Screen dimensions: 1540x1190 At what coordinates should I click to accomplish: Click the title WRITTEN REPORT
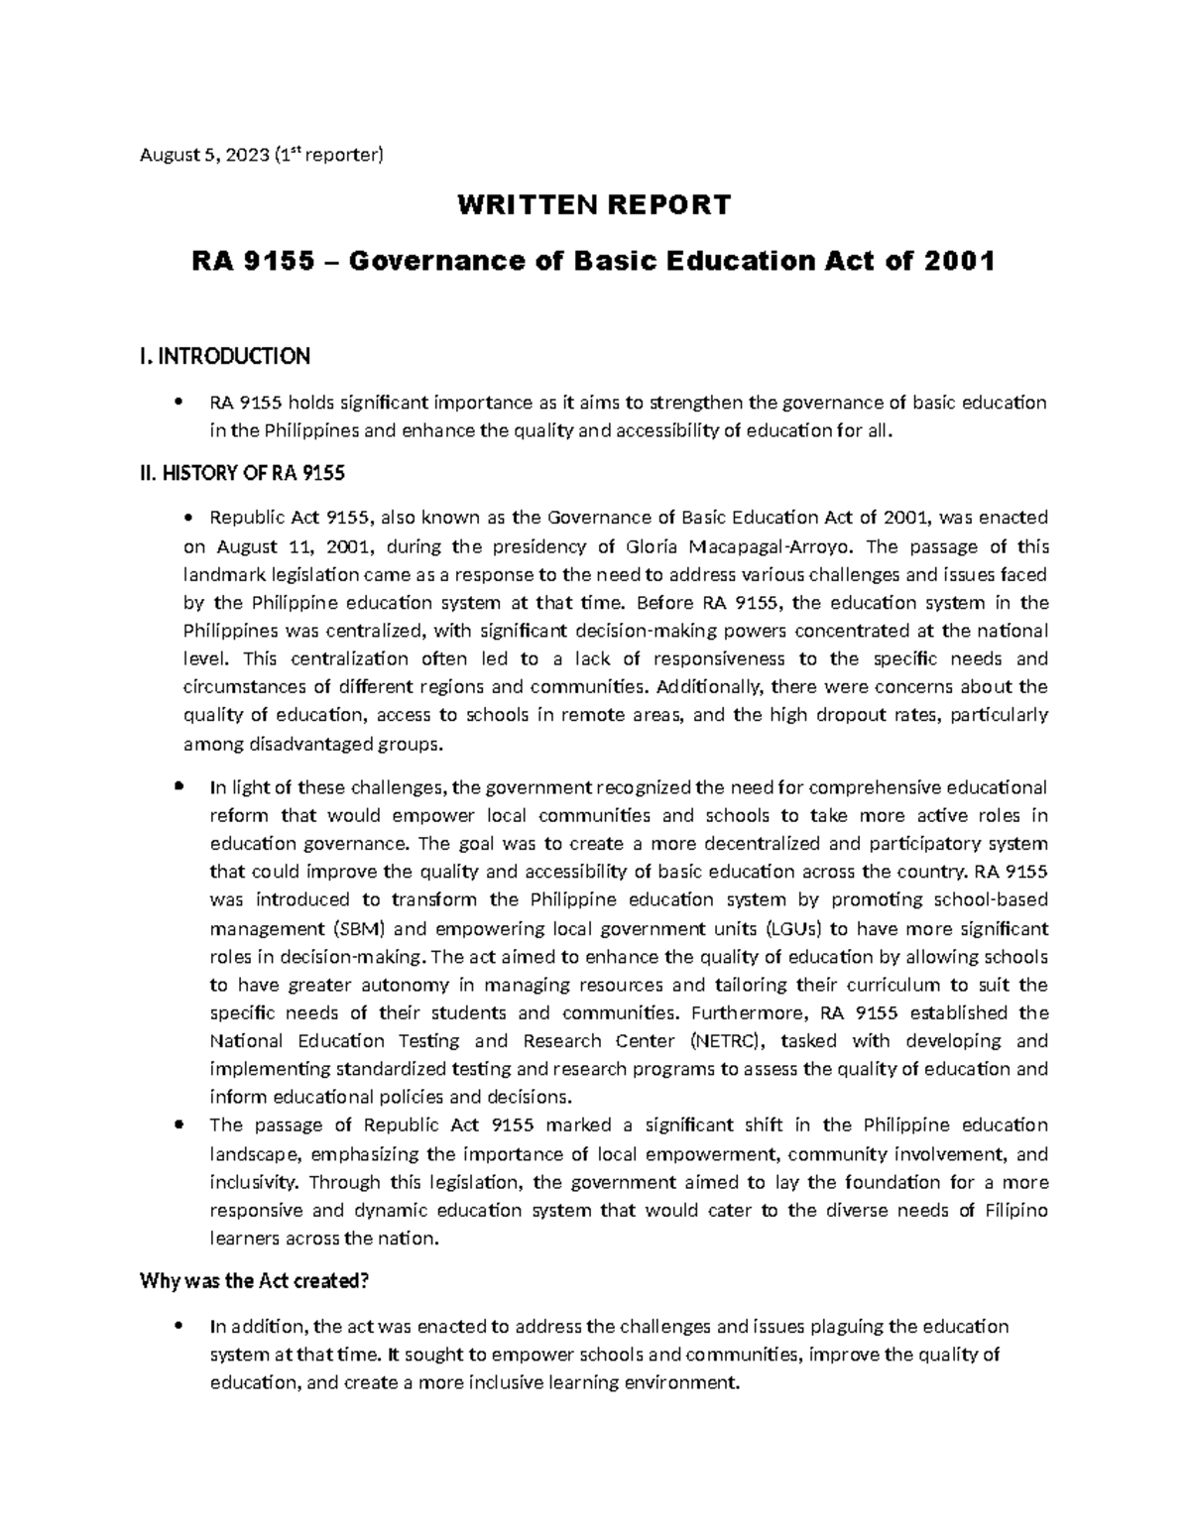593,205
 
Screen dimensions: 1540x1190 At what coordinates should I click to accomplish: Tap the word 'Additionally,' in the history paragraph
705,687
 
